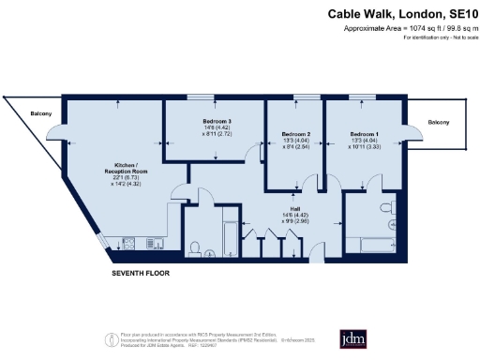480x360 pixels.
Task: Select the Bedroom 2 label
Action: coord(296,135)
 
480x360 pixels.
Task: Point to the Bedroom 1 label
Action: coord(365,135)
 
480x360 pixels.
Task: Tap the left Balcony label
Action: coord(40,115)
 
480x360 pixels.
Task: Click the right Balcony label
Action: coord(439,123)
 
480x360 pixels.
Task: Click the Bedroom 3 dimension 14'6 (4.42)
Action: coord(217,129)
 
